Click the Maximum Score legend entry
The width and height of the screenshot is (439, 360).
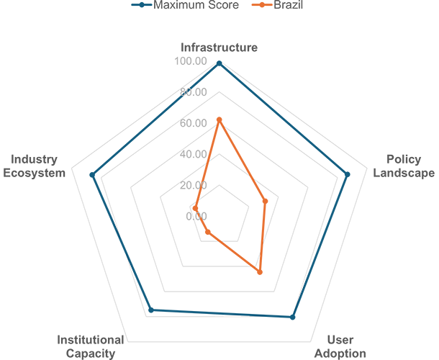(x=185, y=5)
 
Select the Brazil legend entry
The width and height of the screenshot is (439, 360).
(x=278, y=5)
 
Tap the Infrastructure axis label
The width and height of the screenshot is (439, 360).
(x=219, y=48)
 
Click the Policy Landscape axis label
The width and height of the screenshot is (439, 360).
(x=404, y=166)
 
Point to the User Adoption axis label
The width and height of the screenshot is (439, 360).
(x=340, y=346)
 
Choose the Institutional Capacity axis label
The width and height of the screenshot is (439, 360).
(x=91, y=346)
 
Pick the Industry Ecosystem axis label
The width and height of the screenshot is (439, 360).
(x=34, y=166)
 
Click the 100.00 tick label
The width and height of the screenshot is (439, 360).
(x=191, y=60)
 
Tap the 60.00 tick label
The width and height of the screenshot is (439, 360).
(x=193, y=123)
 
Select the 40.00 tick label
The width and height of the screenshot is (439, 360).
(x=193, y=154)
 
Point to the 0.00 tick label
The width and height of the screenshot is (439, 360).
(x=196, y=216)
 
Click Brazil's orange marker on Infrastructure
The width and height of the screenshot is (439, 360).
(x=219, y=120)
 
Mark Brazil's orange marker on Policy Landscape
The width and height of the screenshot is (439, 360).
(x=265, y=201)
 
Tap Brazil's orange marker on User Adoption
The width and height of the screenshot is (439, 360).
(x=260, y=272)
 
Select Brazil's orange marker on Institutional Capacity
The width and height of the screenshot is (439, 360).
(x=208, y=232)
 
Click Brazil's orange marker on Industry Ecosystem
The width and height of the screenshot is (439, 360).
(x=196, y=208)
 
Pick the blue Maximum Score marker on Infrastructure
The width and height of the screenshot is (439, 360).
(x=219, y=63)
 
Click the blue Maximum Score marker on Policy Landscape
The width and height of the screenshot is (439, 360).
(x=347, y=174)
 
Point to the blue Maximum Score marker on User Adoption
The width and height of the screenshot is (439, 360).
(x=293, y=317)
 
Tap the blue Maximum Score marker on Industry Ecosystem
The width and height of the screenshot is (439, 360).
(x=92, y=175)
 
